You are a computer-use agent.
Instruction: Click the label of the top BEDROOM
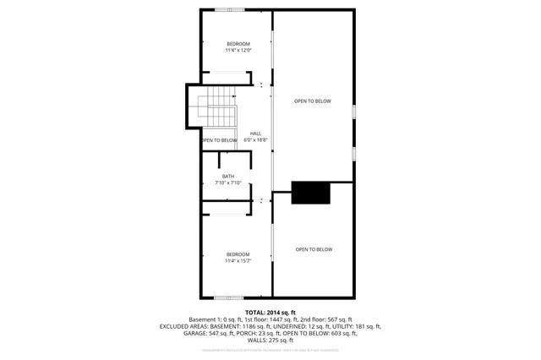[238, 44]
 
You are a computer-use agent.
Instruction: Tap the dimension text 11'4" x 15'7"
[238, 261]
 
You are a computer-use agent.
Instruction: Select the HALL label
[254, 133]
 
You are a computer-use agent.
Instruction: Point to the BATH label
[228, 176]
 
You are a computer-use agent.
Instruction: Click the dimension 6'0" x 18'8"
[254, 139]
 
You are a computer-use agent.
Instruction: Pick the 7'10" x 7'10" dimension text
[228, 183]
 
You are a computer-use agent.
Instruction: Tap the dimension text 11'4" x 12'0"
[238, 51]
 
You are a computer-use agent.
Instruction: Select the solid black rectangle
[311, 193]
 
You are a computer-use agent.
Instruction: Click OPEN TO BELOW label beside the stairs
[218, 140]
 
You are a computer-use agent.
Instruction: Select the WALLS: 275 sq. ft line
[270, 341]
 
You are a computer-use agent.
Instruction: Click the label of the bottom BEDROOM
[238, 254]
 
